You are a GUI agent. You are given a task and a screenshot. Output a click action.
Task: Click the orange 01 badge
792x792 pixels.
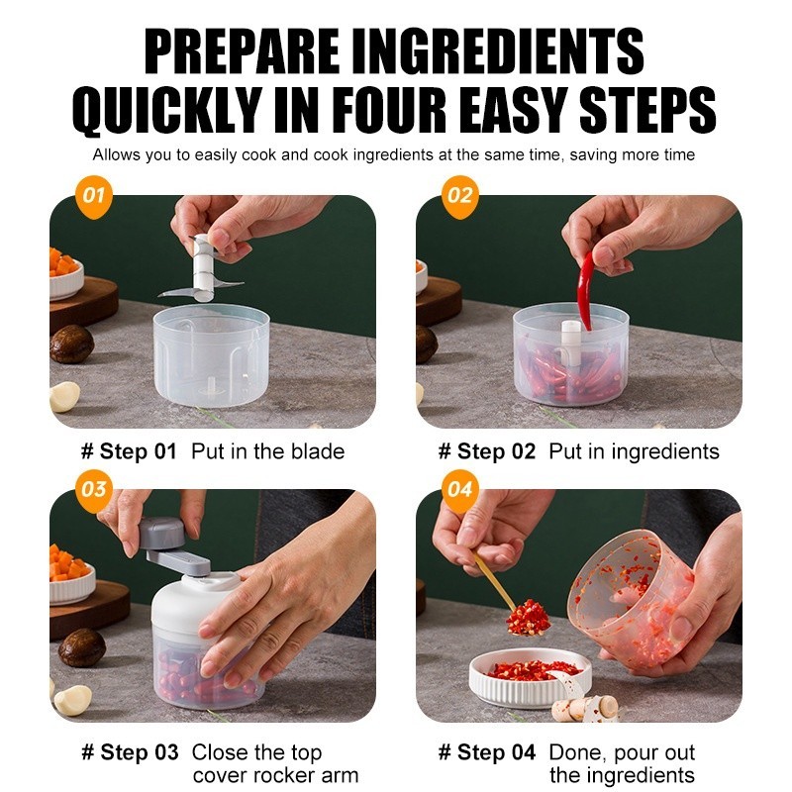click(x=93, y=196)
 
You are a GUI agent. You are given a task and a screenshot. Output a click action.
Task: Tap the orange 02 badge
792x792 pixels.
click(x=459, y=196)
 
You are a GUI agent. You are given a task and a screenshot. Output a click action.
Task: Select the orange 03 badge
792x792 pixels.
click(x=93, y=490)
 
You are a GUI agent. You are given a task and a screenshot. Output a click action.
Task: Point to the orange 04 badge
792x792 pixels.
click(x=459, y=490)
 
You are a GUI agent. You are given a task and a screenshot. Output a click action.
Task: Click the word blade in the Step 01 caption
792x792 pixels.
click(x=317, y=451)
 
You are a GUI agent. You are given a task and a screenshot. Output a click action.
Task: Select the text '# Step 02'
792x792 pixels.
click(x=486, y=451)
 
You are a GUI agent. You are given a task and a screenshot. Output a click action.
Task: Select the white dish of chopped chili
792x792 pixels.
click(x=531, y=677)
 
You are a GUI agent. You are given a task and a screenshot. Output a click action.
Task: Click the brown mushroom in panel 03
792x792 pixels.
click(x=82, y=647)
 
